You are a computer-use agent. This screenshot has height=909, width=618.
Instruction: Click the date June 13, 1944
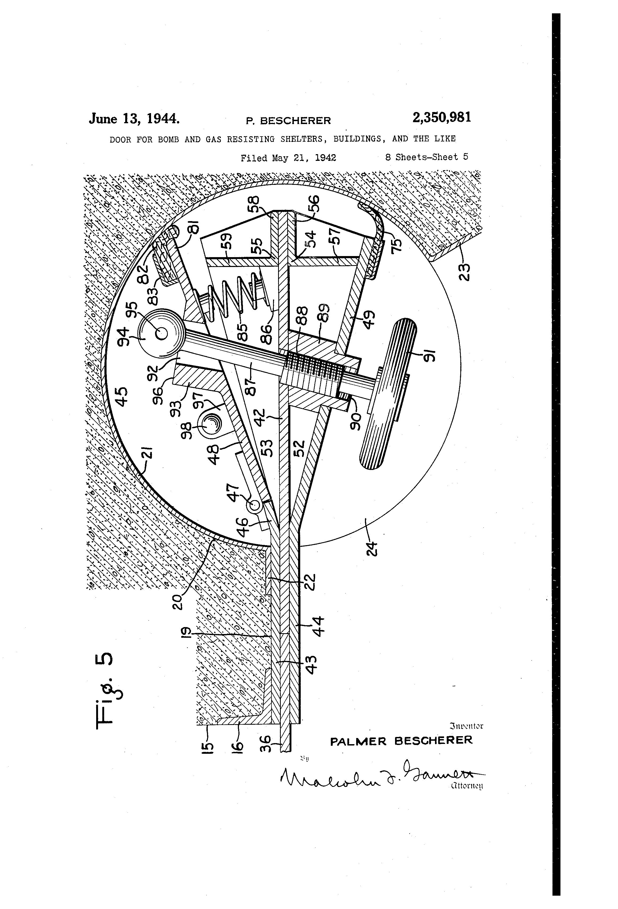134,118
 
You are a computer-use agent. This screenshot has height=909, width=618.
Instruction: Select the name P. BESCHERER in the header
288,121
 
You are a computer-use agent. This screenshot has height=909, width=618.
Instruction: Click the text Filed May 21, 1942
288,158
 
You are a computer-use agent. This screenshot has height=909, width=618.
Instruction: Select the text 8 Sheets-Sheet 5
426,157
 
